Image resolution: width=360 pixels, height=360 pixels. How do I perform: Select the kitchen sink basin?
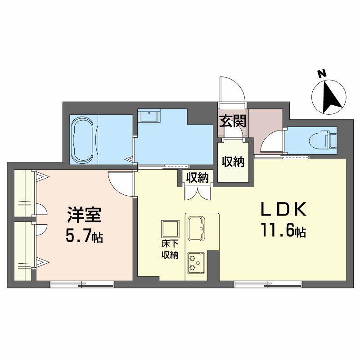tap(197, 229)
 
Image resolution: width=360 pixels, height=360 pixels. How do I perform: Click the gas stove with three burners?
tap(196, 263)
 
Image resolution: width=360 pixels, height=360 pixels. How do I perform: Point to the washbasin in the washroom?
tap(149, 116)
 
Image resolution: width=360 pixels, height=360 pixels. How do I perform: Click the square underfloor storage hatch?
tap(170, 229)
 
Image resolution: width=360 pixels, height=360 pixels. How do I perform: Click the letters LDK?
tap(284, 209)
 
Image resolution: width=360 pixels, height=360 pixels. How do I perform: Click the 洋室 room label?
tap(84, 215)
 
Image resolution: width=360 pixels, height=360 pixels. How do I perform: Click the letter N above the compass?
tap(322, 73)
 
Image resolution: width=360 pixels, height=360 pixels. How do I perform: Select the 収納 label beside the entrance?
tap(233, 162)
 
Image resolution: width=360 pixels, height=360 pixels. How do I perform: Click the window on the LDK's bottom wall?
tap(268, 284)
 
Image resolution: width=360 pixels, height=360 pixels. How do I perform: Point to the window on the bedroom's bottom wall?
tap(82, 284)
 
